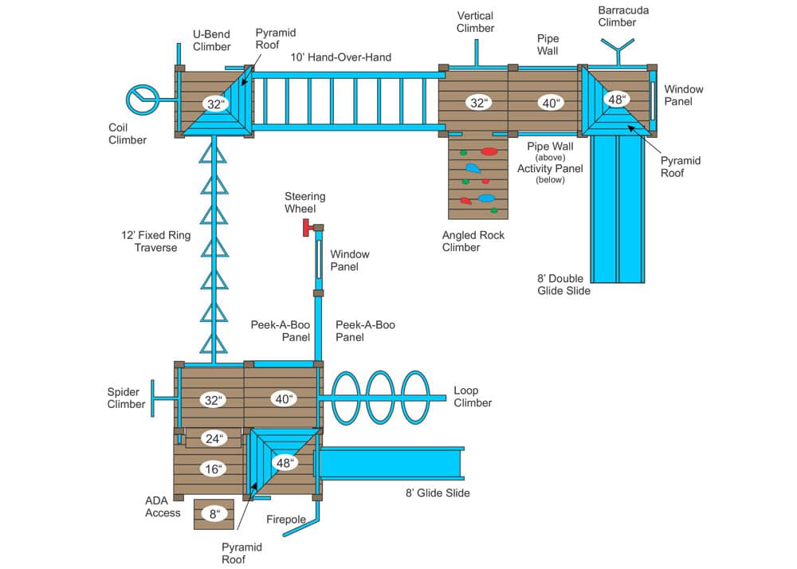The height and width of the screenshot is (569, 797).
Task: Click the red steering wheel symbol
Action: [x=307, y=229]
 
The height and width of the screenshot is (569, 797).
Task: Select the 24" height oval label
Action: [x=212, y=438]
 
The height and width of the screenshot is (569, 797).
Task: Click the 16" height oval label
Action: [x=212, y=469]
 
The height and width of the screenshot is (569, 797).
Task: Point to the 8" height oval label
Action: [x=214, y=514]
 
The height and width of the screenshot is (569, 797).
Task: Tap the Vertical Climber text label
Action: [x=476, y=22]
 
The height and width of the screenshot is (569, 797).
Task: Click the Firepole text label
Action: [x=285, y=520]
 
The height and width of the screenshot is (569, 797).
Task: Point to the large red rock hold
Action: [x=489, y=151]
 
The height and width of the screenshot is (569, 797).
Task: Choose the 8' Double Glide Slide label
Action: [x=564, y=284]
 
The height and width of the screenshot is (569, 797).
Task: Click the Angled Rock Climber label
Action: [x=473, y=241]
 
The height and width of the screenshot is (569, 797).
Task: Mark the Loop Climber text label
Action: [x=473, y=396]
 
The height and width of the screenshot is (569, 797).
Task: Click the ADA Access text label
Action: [x=163, y=507]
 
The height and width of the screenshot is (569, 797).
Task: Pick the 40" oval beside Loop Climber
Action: [x=283, y=399]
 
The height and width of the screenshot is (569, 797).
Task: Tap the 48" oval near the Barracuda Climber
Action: [x=614, y=100]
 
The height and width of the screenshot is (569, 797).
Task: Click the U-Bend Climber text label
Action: [x=211, y=41]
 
